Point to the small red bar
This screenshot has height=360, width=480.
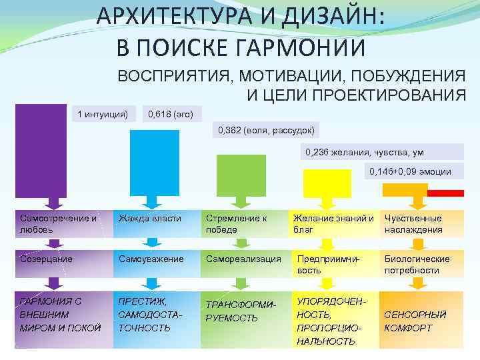(445, 193)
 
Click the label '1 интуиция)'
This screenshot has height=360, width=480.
(103, 114)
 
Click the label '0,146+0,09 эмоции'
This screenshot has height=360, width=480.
(410, 171)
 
